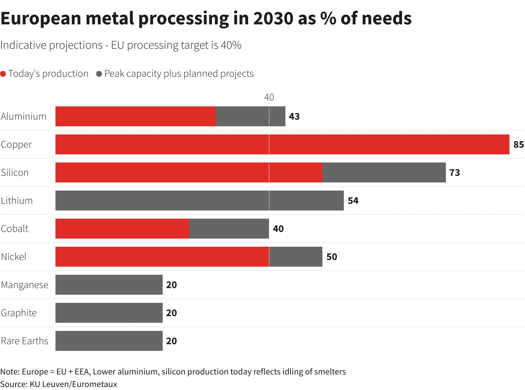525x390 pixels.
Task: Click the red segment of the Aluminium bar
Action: coord(135,116)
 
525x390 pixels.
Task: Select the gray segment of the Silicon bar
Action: coord(384,172)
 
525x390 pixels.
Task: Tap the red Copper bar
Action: coord(282,144)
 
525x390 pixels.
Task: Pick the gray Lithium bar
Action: coord(199,201)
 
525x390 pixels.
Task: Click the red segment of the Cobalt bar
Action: coord(122,229)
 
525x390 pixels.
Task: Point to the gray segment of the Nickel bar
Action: coord(296,257)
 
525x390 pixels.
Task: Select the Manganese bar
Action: coord(109,285)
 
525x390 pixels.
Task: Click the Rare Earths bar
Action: coord(109,341)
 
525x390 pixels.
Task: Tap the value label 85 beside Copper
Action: coord(518,144)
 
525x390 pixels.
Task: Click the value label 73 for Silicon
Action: coord(454,172)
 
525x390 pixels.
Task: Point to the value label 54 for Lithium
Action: coord(353,201)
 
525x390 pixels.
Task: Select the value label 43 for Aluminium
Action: coord(294,116)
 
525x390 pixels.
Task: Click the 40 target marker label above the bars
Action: coord(269,97)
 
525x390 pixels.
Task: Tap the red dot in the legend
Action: coord(3,74)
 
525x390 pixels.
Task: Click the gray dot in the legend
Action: coord(99,74)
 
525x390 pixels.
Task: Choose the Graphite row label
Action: coord(19,313)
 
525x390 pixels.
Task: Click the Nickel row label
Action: coord(14,257)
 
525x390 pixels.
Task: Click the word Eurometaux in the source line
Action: coord(94,384)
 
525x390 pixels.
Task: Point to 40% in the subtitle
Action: coord(231,45)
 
